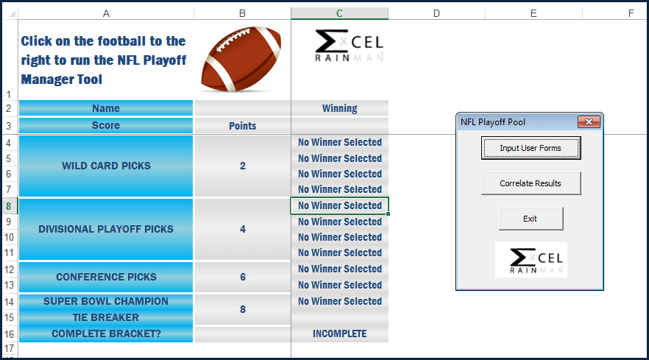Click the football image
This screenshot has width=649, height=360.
(241, 59)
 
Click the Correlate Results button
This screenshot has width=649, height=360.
(531, 183)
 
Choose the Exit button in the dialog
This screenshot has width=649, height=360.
(531, 219)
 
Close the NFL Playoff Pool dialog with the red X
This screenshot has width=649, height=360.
(588, 121)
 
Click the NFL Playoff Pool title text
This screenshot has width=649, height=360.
(493, 121)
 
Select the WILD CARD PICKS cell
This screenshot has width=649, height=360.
(106, 166)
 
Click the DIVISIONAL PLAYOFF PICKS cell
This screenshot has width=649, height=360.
(106, 229)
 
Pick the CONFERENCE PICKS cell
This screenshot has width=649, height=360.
(106, 277)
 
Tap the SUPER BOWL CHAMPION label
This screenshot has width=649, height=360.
(106, 301)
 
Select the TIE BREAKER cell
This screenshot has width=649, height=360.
(106, 317)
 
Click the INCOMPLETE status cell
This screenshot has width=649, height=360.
(339, 333)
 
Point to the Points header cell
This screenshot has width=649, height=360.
(243, 126)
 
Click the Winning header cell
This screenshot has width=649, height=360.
(339, 108)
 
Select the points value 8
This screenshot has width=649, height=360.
(243, 309)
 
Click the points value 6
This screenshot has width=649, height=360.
(243, 277)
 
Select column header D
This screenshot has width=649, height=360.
(436, 13)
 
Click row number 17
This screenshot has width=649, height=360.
(9, 348)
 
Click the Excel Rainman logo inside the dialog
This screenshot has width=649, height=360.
(531, 260)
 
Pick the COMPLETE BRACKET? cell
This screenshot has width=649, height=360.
(106, 333)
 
